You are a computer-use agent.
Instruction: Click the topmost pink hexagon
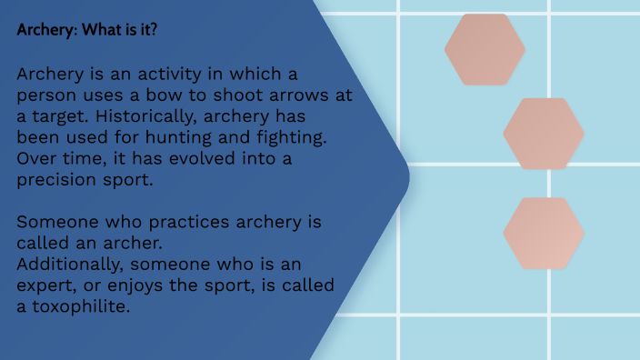[x=485, y=49]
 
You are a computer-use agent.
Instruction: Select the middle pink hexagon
[x=544, y=134]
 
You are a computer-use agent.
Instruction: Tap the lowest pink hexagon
[x=544, y=234]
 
